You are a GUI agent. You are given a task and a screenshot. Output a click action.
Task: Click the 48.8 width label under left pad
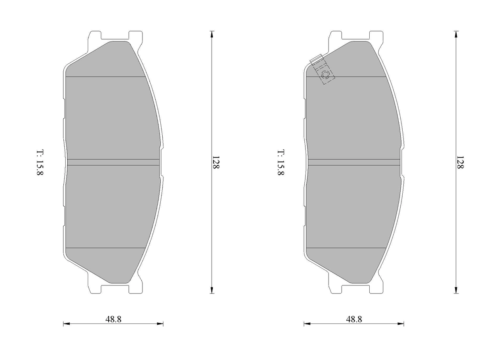coord(113,319)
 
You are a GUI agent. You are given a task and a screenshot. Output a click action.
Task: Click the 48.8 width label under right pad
coord(354,319)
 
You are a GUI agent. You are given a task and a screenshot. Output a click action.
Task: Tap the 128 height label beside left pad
coord(215,162)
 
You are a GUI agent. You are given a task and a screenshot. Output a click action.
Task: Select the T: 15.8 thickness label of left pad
coord(40,162)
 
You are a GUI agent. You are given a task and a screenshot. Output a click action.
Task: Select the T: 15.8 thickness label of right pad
coord(281,162)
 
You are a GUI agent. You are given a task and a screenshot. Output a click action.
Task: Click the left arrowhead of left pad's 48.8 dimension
coord(66,324)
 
